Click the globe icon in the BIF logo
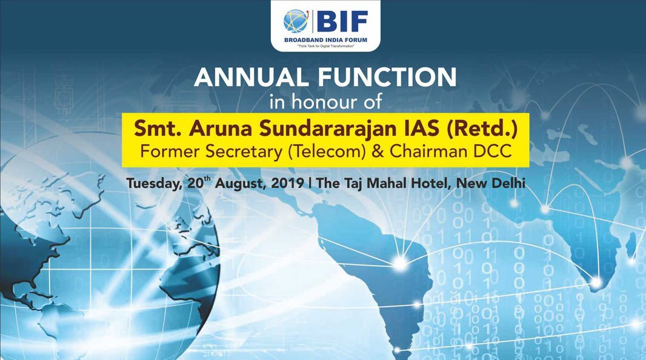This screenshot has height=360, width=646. [x=295, y=21]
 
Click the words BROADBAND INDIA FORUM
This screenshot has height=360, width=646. [x=325, y=40]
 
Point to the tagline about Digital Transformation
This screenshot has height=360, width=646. [x=325, y=46]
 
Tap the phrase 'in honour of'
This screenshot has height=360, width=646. [x=325, y=102]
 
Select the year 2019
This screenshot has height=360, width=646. [x=288, y=183]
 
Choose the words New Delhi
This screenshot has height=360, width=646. [x=491, y=183]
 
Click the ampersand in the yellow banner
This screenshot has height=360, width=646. [x=378, y=151]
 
